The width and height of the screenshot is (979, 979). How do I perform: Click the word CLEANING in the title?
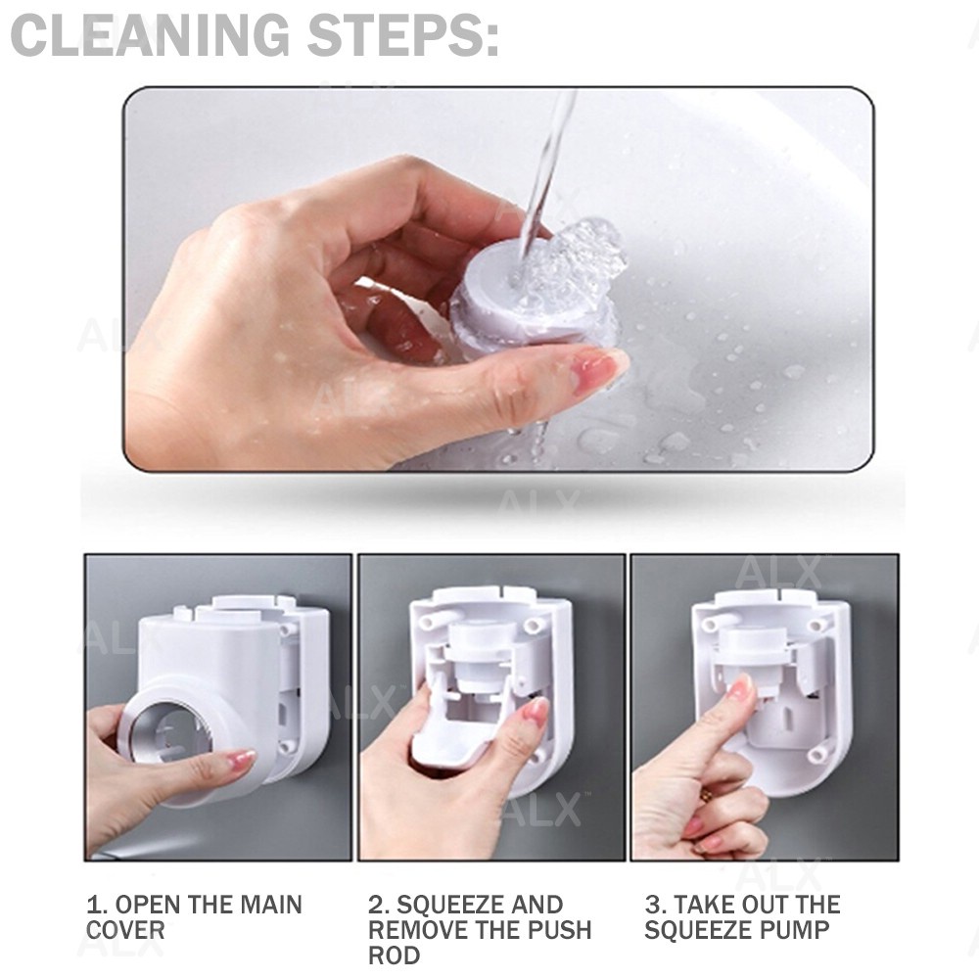151,35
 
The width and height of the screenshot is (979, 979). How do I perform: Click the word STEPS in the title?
396,35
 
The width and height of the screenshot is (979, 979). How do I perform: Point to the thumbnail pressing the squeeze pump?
743,688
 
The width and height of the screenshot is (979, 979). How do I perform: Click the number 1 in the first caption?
95,905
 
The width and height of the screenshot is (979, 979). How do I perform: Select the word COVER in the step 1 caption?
125,930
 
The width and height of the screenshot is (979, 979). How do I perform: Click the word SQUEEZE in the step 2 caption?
449,905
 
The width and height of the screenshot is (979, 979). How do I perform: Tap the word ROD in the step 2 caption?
394,955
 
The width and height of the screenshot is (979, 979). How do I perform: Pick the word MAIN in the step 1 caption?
271,905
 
